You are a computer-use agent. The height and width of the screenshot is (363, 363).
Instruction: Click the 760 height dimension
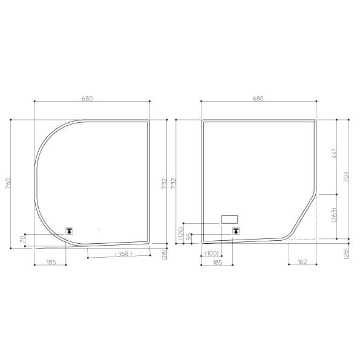[x=7, y=183]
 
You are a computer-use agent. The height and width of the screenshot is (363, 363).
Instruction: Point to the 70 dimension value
[x=22, y=240]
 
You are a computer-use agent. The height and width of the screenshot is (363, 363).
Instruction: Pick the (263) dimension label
[x=333, y=215]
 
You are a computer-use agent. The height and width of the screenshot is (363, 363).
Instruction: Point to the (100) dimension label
[x=211, y=253]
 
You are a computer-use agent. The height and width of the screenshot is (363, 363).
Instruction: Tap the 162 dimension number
[x=302, y=263]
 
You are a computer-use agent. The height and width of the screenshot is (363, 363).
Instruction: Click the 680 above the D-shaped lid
[x=91, y=98]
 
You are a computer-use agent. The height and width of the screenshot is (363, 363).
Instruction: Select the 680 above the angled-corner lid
[x=258, y=98]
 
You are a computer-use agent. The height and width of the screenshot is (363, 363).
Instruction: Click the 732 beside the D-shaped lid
[x=164, y=183]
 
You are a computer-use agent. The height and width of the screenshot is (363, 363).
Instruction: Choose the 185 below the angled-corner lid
[x=217, y=263]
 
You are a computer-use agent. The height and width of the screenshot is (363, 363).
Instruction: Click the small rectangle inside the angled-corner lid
[x=231, y=218]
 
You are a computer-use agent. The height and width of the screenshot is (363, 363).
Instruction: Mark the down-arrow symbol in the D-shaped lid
[x=70, y=231]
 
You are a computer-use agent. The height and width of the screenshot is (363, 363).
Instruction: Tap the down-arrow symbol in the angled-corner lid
[x=235, y=231]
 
